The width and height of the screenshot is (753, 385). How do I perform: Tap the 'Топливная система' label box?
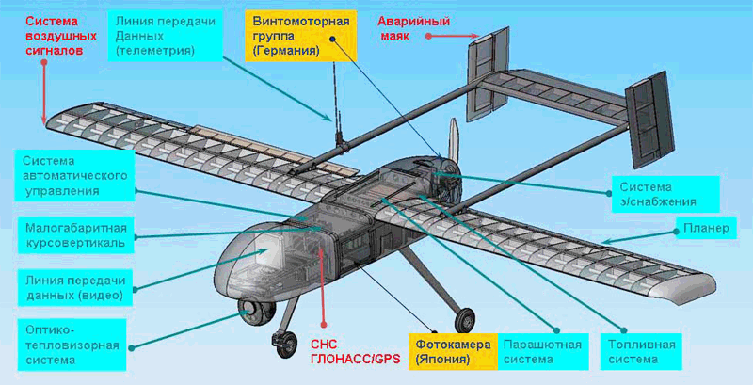[x=641, y=352]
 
